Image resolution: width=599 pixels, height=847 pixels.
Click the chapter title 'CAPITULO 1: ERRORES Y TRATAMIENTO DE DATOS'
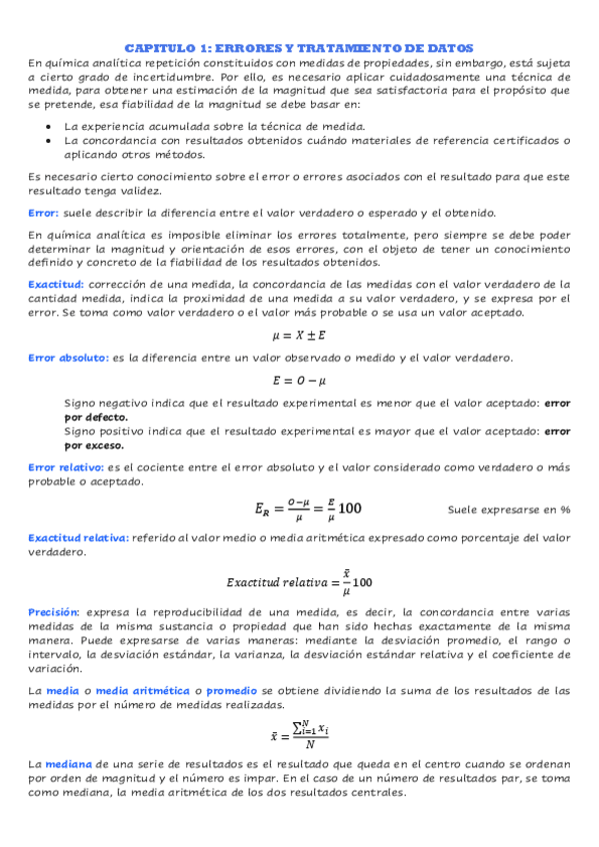point(299,47)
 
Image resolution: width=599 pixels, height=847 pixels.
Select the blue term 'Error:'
point(44,213)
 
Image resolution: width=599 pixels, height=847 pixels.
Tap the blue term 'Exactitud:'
point(56,285)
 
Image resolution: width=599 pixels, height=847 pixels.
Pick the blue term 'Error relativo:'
point(65,466)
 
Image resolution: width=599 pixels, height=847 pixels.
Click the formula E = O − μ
point(299,381)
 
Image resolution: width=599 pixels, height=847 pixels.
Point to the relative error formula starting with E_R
point(307,508)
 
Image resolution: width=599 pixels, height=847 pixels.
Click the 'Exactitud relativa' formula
point(299,578)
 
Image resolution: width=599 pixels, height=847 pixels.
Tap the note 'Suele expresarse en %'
point(509,509)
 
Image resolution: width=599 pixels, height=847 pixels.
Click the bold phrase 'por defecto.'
point(96,417)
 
